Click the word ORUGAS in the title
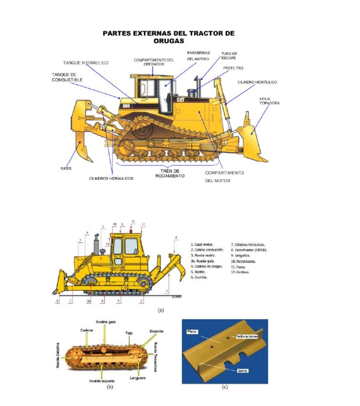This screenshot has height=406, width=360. pyautogui.click(x=169, y=41)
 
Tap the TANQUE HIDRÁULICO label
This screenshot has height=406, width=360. pyautogui.click(x=86, y=62)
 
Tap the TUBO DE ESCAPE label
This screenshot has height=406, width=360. pyautogui.click(x=229, y=56)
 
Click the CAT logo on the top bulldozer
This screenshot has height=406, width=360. pyautogui.click(x=180, y=99)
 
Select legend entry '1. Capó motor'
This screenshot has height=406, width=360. pyautogui.click(x=202, y=244)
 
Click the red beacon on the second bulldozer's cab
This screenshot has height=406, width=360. pyautogui.click(x=133, y=230)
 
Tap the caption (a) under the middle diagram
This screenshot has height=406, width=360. pyautogui.click(x=161, y=309)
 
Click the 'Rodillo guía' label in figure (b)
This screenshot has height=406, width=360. pyautogui.click(x=106, y=322)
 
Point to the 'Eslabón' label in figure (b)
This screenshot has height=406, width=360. pyautogui.click(x=157, y=331)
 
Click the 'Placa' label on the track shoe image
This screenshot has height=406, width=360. pyautogui.click(x=192, y=331)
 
